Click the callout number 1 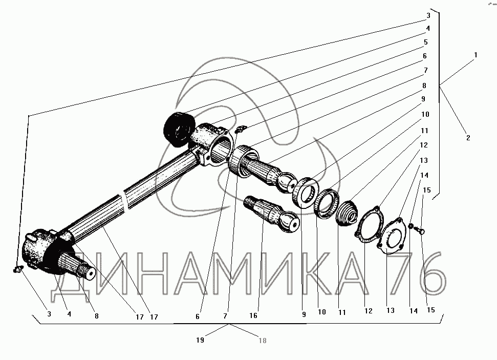pos(476,54)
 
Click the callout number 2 pos(468,138)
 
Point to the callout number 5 pos(426,43)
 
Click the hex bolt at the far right pos(422,230)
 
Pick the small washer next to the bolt pos(410,226)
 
